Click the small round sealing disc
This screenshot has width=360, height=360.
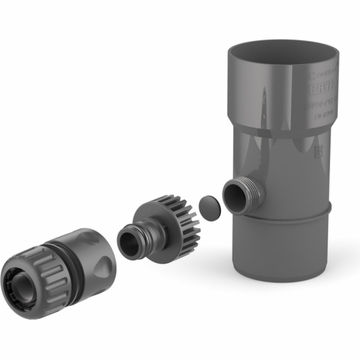[x=210, y=205]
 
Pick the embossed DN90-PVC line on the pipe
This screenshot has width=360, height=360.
[x=323, y=106]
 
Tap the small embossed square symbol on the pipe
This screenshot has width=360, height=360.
[x=319, y=151]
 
